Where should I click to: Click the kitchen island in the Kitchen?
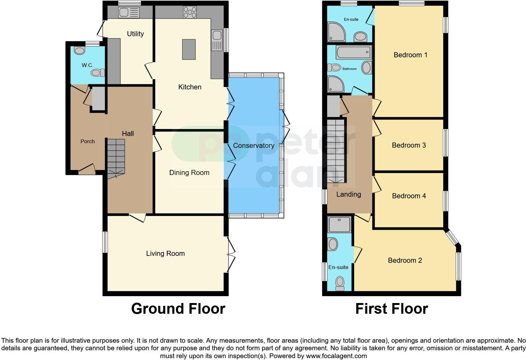(x=189, y=49)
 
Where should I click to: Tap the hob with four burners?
(x=190, y=13)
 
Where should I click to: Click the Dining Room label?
(x=189, y=172)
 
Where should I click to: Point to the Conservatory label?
(x=254, y=145)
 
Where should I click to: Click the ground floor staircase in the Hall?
(x=116, y=157)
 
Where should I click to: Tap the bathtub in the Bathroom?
(x=354, y=52)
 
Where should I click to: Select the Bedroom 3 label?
(x=409, y=145)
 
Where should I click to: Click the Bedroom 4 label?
(x=409, y=196)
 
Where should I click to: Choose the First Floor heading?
(x=391, y=309)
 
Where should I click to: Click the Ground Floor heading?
(x=178, y=309)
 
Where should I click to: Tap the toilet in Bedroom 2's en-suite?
(x=340, y=283)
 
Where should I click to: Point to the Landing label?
(x=348, y=194)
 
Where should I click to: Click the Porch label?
(x=87, y=141)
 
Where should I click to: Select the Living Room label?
(x=165, y=253)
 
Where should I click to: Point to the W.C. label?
(x=87, y=65)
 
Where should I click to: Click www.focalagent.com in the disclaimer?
(x=336, y=356)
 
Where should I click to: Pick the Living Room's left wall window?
(x=105, y=242)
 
